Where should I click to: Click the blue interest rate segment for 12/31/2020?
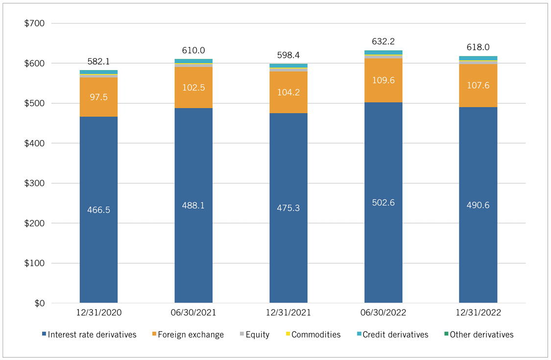pos(98,210)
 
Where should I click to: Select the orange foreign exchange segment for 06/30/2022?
pos(383,80)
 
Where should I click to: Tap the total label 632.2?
pos(383,42)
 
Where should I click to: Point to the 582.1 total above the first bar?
pos(98,62)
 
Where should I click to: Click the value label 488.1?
pos(193,205)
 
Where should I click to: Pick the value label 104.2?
pos(288,92)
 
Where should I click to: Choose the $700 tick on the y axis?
pos(34,23)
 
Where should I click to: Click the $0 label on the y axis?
pos(40,303)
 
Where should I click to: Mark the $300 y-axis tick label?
pos(34,183)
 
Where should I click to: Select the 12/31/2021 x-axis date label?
pos(288,312)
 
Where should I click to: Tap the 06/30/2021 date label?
pos(193,312)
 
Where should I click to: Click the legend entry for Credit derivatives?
pos(392,335)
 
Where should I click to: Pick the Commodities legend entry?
pos(313,335)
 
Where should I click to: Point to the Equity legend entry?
pos(255,335)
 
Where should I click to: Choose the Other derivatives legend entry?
pos(479,335)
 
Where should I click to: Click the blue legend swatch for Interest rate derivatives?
pos(44,334)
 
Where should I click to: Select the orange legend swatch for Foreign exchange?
pos(154,334)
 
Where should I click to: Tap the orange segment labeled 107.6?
pos(478,86)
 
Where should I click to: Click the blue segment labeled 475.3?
pos(288,208)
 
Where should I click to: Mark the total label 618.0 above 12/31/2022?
pos(478,47)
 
